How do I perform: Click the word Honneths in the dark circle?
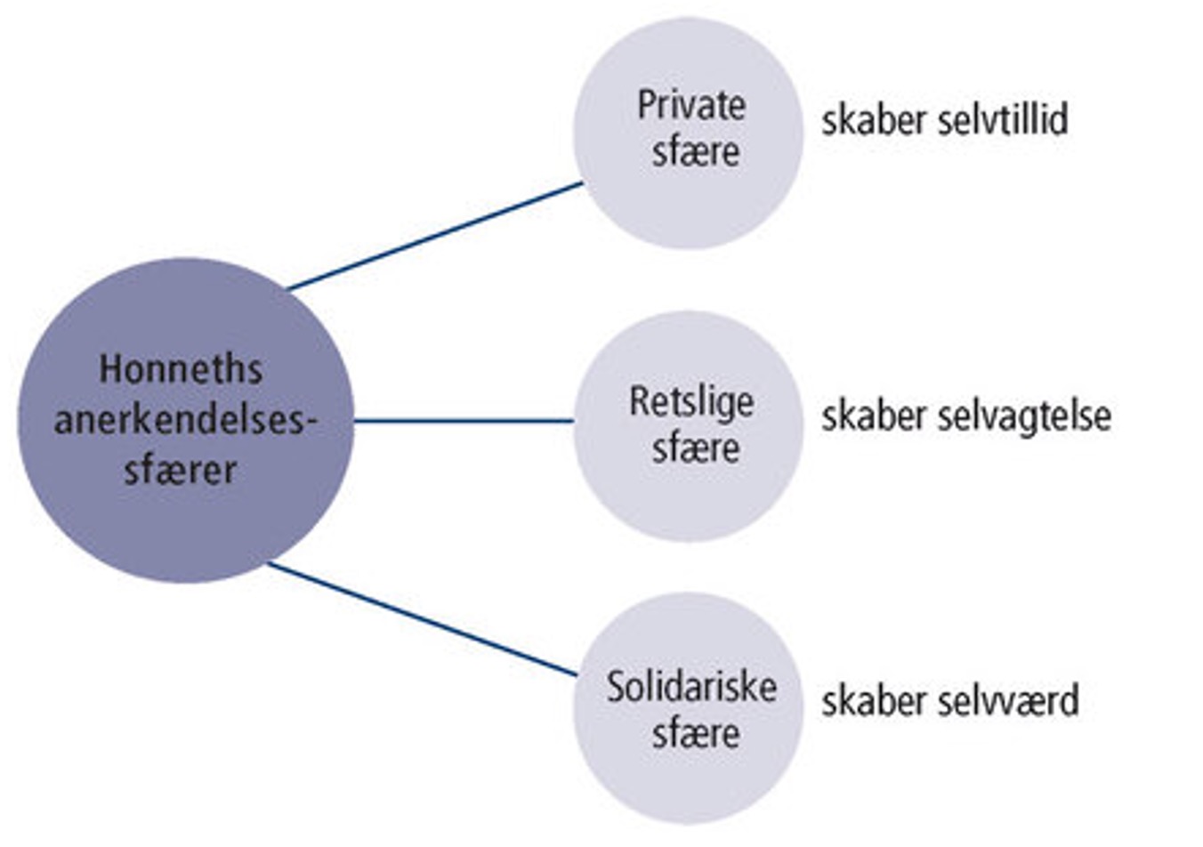pos(181,368)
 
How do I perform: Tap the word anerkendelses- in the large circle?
pos(185,419)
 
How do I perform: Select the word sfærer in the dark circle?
pos(181,470)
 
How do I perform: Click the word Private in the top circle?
pos(691,106)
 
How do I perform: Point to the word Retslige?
pos(691,401)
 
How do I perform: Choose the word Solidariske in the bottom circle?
pos(691,687)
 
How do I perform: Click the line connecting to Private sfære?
pos(436,236)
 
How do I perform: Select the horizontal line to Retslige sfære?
pos(463,421)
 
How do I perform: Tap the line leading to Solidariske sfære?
pos(423,619)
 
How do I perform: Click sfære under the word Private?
pos(696,151)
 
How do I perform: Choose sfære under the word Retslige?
pos(696,448)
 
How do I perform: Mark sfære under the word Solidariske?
pos(696,734)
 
